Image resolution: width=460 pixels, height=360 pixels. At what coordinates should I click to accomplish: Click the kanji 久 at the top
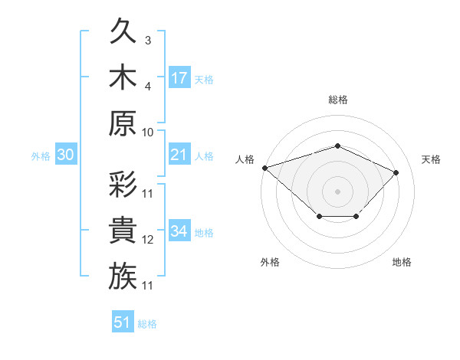pos(123,31)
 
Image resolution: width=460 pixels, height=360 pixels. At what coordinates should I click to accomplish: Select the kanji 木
pos(123,77)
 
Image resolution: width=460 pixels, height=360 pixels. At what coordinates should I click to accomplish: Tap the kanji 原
pos(123,123)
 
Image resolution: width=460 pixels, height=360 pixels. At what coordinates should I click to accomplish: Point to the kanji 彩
pos(123,184)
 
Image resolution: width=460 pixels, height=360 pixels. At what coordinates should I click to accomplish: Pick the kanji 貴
pos(123,230)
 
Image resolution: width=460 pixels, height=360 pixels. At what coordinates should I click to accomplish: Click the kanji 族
pos(123,276)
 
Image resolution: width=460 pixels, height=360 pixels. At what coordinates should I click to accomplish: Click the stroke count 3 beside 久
pos(148,41)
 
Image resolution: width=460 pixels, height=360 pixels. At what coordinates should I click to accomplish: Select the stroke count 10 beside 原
pos(147,133)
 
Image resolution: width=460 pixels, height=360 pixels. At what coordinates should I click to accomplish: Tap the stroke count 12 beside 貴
pos(147,240)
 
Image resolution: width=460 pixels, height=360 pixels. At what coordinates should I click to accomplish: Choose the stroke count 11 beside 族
pos(147,286)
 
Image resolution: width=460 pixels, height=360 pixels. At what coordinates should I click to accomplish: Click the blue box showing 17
pos(179,77)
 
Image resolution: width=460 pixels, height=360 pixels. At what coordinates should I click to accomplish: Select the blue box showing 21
pos(179,154)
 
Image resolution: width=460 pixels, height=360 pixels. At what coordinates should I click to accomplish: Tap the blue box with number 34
pos(179,230)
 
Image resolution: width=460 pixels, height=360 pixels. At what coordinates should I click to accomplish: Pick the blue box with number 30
pos(66,154)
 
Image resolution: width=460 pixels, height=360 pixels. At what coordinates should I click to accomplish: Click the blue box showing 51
pos(123,321)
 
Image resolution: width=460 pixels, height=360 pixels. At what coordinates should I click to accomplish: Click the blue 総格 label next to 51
pos(147,324)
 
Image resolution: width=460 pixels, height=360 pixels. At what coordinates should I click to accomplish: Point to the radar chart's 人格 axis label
pos(245,159)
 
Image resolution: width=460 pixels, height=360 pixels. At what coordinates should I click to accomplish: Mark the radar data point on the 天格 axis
pos(396,172)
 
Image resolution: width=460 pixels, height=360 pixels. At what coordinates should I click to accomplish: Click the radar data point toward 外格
pos(320,216)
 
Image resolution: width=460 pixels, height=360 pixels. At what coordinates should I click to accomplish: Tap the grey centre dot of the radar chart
pos(337,191)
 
